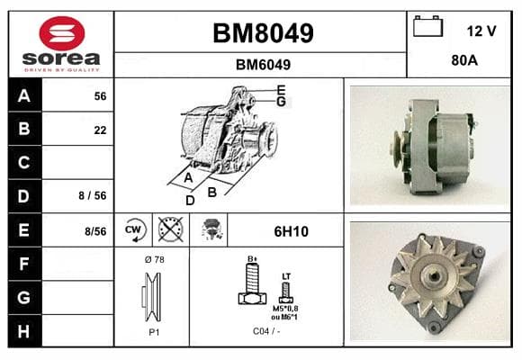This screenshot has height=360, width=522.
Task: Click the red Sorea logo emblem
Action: point(62,33)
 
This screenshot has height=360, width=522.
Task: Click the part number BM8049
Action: point(263,33)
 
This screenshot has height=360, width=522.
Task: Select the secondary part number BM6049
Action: point(263,65)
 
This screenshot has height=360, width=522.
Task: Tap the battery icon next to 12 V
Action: point(427,26)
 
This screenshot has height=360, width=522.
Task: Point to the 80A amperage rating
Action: point(464,60)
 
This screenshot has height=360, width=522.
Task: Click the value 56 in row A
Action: point(100,96)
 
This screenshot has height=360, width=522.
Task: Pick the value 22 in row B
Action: point(100,130)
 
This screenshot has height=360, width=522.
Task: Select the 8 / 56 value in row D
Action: point(93,195)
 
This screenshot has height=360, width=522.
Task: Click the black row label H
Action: point(25,331)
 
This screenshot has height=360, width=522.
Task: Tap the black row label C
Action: point(25,163)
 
